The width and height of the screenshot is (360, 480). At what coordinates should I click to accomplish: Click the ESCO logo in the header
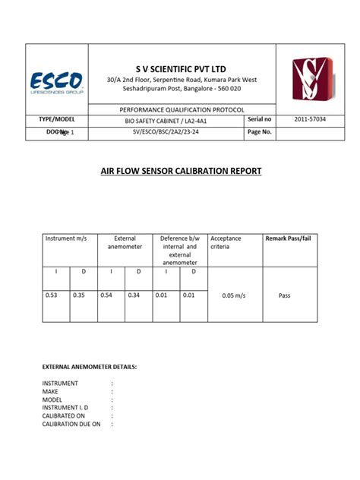56,83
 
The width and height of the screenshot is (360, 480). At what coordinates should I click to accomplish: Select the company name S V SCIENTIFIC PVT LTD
182,69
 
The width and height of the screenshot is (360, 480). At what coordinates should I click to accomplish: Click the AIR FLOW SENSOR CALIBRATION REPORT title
181,172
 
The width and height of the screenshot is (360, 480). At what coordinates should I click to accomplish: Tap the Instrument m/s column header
67,238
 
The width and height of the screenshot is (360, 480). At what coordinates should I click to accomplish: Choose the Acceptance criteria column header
226,242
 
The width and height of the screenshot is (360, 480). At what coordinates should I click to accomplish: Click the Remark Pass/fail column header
288,238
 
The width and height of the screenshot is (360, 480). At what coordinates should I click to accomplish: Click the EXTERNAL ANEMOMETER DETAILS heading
90,367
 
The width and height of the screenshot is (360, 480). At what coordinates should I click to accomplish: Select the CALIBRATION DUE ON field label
71,425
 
